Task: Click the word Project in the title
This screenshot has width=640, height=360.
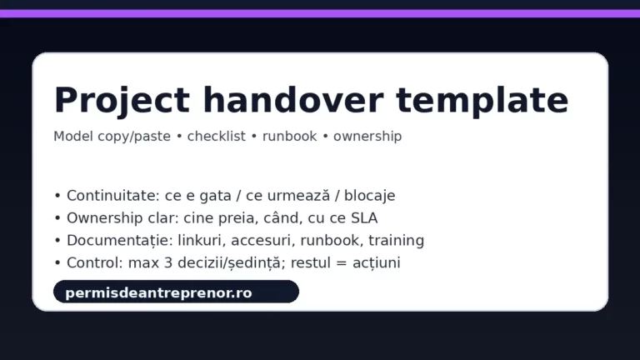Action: (x=122, y=100)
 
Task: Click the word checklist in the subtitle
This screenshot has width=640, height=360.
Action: (x=217, y=136)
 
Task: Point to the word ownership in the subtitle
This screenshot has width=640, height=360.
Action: (x=367, y=136)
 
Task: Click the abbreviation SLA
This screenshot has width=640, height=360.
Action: (x=363, y=218)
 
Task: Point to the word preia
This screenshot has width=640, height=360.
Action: (x=239, y=218)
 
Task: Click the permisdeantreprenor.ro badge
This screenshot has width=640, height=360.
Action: (x=176, y=292)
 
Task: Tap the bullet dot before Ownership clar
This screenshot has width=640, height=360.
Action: (x=57, y=219)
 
